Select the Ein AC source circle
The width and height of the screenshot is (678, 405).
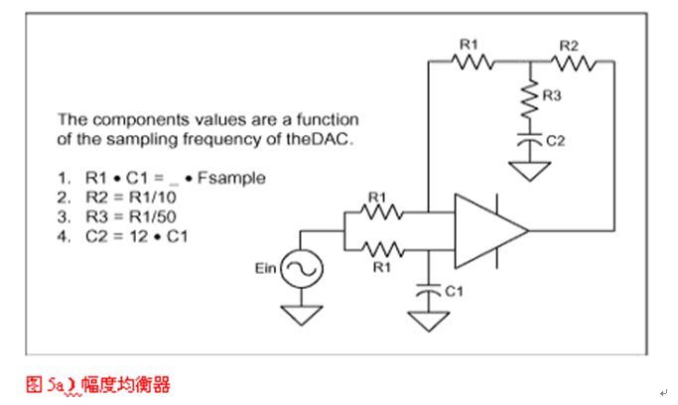(x=299, y=268)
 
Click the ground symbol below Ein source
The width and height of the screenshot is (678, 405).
(x=299, y=315)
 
